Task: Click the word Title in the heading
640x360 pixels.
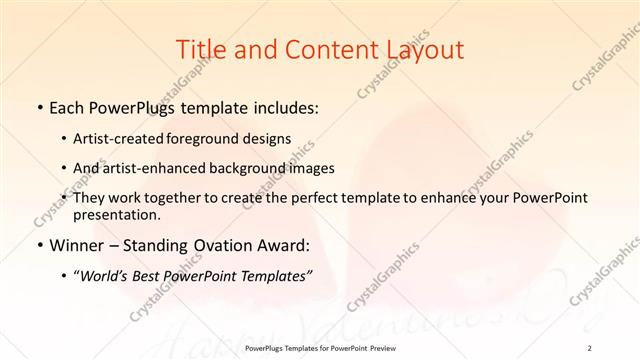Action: [199, 49]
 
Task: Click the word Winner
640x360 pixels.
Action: [75, 245]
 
